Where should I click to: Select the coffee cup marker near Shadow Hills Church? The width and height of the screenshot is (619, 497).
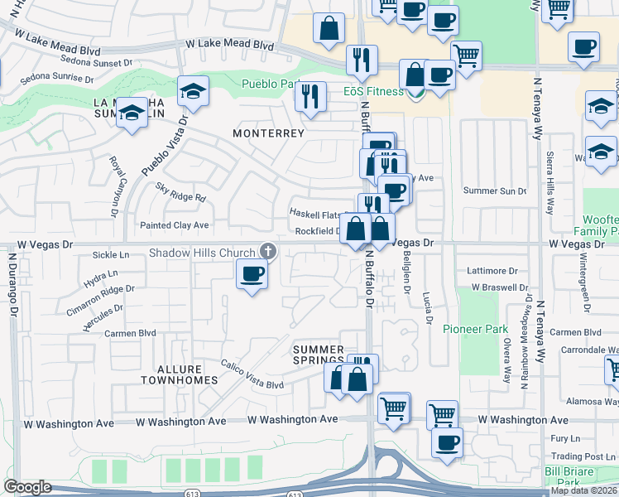(252, 273)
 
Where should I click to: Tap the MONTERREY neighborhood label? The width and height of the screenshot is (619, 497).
(268, 133)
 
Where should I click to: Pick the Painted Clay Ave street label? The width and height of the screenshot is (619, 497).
(174, 225)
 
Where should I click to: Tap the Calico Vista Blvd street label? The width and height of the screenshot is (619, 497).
(252, 374)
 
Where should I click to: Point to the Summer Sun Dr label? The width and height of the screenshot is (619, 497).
(495, 191)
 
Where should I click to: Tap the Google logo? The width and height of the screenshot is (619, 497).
(28, 487)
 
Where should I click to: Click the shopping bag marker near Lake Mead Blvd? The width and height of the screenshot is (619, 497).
(329, 27)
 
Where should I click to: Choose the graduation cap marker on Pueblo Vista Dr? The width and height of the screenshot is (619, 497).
(193, 91)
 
